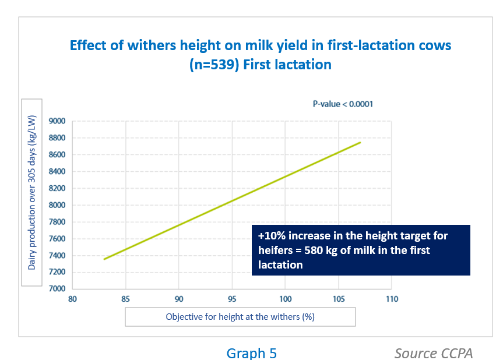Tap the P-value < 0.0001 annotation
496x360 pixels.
click(x=343, y=104)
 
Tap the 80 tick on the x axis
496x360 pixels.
click(x=72, y=299)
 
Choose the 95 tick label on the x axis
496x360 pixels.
click(x=232, y=299)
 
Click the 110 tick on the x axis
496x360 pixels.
click(x=392, y=299)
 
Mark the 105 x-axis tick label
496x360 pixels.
click(x=339, y=299)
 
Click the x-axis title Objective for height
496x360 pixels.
click(x=240, y=317)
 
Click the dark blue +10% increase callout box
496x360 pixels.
click(x=361, y=250)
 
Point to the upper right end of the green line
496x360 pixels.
click(x=360, y=142)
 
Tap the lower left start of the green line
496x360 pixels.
click(x=104, y=259)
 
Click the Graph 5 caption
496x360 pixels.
click(x=251, y=353)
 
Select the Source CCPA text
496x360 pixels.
click(x=433, y=353)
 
